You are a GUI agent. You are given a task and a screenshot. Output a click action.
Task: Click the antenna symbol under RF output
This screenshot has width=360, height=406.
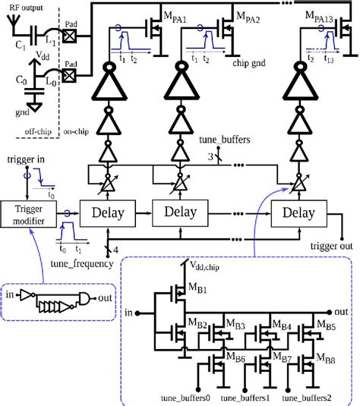coord(9,20)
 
